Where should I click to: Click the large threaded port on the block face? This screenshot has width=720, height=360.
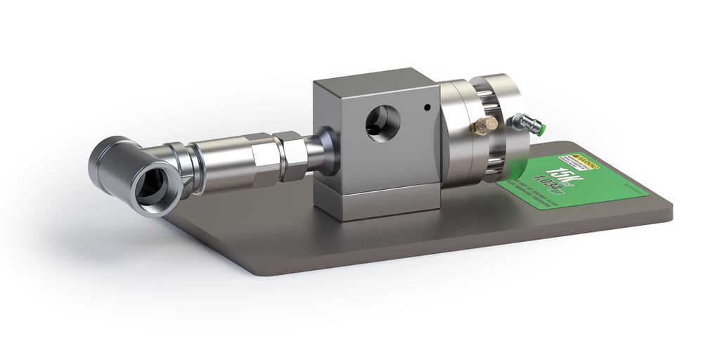click(382, 124)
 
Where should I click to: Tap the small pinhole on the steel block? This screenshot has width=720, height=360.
click(427, 108)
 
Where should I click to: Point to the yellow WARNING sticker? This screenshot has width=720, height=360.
click(577, 162)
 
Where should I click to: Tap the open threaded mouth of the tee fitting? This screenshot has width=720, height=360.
click(154, 184)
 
